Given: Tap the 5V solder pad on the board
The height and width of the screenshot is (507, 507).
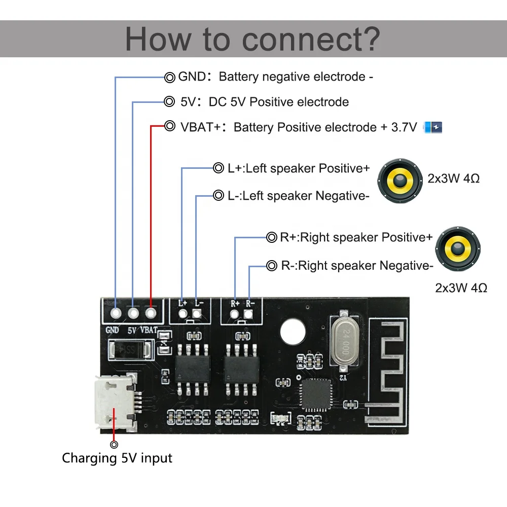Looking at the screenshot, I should point(134,314).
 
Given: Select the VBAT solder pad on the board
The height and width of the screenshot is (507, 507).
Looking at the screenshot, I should point(151,314).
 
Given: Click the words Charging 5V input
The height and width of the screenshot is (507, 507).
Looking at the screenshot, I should point(117,458).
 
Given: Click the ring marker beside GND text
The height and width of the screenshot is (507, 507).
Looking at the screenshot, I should point(170,78).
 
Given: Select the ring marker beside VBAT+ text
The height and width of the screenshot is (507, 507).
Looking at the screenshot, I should point(170,126).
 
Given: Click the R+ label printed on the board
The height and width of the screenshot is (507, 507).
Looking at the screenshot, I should point(235,304).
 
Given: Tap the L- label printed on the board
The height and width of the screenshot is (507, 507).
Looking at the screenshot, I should point(199,303).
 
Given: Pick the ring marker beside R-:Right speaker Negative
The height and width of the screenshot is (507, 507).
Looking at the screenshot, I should point(271,265).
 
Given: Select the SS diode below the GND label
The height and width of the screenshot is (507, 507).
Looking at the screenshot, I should point(130,350).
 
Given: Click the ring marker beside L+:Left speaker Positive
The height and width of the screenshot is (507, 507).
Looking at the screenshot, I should point(218,168).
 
